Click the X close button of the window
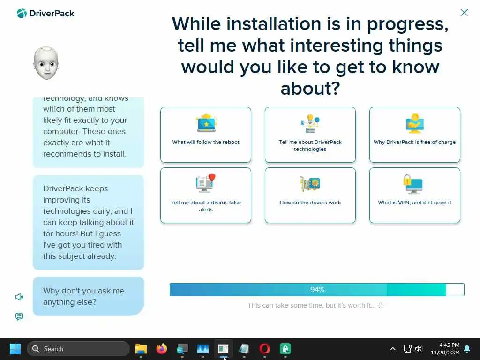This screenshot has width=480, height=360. tap(464, 13)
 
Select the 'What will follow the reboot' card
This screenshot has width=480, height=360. tap(206, 135)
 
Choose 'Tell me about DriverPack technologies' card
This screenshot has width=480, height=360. tap(310, 135)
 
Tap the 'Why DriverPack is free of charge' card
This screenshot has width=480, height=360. tap(414, 135)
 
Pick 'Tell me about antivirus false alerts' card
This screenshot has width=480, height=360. tap(206, 195)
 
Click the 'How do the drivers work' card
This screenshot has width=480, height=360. tap(310, 195)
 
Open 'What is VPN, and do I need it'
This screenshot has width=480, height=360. tap(414, 195)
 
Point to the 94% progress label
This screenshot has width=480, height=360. tap(317, 290)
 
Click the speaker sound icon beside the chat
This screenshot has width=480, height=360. tap(19, 297)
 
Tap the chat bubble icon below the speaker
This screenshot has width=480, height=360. tap(19, 316)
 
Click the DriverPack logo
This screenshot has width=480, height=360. tap(45, 14)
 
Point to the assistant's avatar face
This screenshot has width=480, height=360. tap(46, 63)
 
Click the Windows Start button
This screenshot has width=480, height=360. tap(15, 349)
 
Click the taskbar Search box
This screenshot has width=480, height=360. tap(78, 349)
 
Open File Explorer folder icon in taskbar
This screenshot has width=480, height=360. tap(141, 349)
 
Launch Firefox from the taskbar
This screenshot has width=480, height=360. tap(162, 349)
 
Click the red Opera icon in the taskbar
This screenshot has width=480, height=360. tap(264, 349)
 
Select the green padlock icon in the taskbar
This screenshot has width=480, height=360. tap(285, 349)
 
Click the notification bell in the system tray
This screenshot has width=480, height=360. tap(467, 349)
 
